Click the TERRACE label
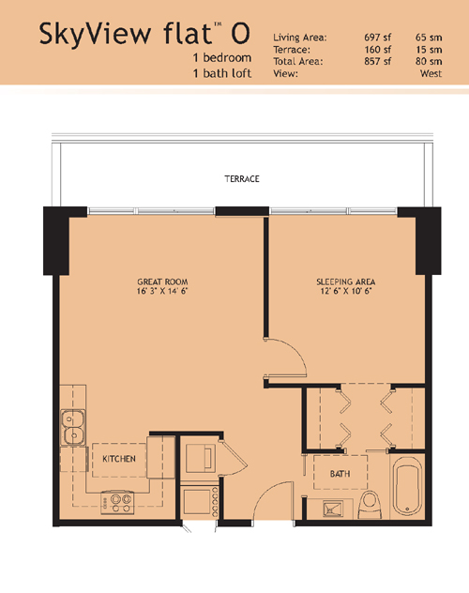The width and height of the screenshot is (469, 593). tap(242, 179)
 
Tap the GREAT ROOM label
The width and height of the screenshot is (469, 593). tap(162, 281)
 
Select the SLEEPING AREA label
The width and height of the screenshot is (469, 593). tap(346, 281)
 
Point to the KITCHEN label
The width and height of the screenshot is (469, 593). tap(119, 459)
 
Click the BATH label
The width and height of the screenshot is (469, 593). tap(340, 474)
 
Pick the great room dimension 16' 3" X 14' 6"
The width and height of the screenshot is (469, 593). tap(162, 291)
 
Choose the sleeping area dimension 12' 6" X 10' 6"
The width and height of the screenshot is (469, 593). tap(346, 291)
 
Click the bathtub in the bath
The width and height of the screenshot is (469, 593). tap(407, 488)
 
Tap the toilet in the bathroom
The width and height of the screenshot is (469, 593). tap(370, 505)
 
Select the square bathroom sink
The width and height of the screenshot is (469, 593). tap(333, 509)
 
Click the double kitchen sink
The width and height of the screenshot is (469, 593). tap(73, 427)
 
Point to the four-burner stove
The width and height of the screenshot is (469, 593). tap(117, 502)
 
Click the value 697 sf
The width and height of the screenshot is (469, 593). tap(377, 38)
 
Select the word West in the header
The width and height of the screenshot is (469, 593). tap(431, 73)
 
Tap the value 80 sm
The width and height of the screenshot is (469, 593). tap(429, 61)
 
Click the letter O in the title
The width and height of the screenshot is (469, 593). tap(240, 33)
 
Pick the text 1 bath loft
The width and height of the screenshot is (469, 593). tap(222, 73)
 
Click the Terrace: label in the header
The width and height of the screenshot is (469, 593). tap(292, 50)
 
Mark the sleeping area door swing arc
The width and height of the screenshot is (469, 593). tap(295, 351)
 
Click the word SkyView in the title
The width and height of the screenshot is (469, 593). tap(96, 33)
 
